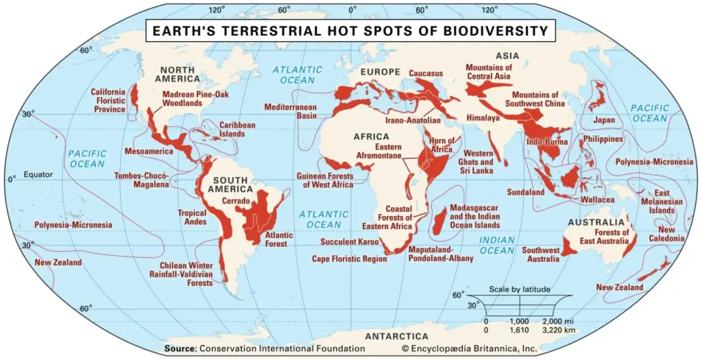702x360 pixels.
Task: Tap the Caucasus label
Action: [426, 73]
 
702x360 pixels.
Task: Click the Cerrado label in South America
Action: [236, 201]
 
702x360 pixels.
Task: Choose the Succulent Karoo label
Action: [348, 241]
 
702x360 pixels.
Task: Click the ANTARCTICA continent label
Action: [396, 337]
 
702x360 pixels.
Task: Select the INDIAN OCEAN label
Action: [496, 245]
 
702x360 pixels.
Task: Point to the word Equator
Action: [38, 174]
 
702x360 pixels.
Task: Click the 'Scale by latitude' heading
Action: [519, 289]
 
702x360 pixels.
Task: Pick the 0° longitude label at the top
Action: [352, 10]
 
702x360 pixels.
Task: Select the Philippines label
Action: [603, 139]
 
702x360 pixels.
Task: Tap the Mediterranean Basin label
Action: [291, 112]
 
